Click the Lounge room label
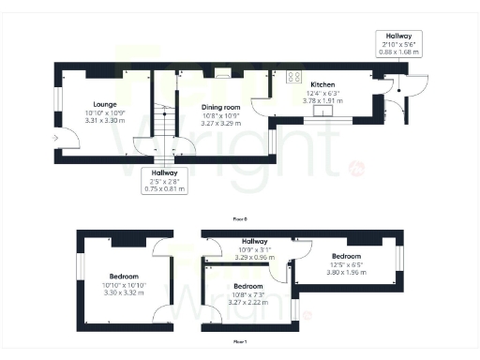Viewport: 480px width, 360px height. click(x=103, y=104)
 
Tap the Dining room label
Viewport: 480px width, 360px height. click(x=221, y=108)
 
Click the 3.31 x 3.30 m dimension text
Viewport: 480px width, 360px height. click(x=103, y=121)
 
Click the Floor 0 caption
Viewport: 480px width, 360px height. click(x=240, y=217)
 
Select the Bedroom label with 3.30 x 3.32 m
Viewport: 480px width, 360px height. click(x=124, y=277)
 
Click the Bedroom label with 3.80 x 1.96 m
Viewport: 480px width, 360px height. click(x=346, y=255)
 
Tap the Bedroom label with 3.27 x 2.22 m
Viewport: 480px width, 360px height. click(x=247, y=286)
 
